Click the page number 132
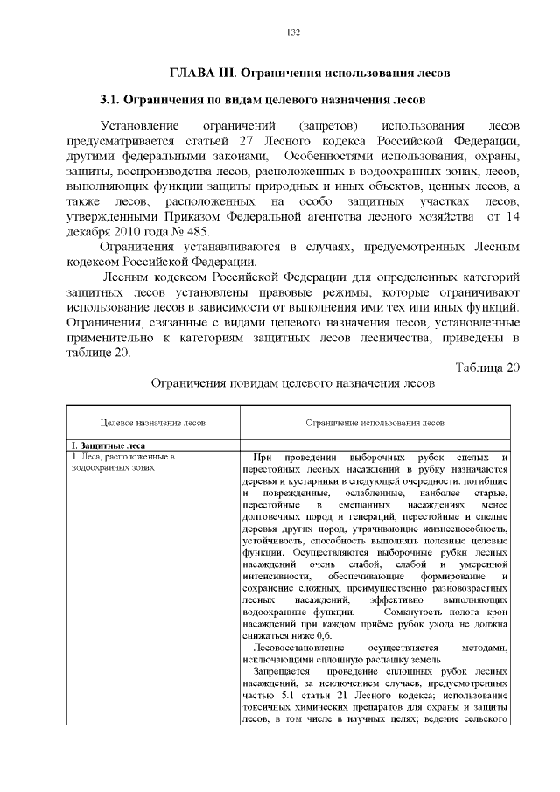pyautogui.click(x=293, y=32)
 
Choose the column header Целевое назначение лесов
pyautogui.click(x=153, y=422)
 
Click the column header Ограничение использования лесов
pyautogui.click(x=374, y=422)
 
